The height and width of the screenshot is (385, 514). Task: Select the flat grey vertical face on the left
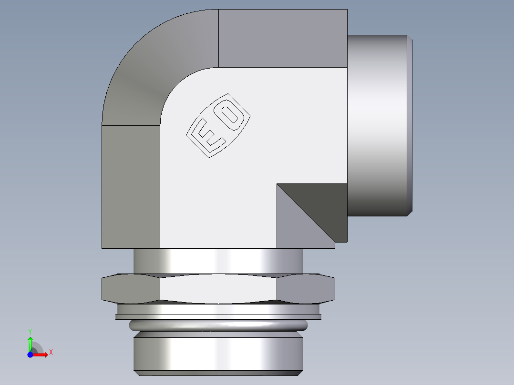click(x=130, y=186)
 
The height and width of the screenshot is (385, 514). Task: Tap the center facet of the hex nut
click(x=218, y=288)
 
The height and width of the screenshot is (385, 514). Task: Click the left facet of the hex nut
click(x=131, y=288)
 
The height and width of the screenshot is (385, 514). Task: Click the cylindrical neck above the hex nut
click(x=218, y=261)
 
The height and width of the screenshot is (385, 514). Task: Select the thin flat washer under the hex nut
click(x=218, y=316)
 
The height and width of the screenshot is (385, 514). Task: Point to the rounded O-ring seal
click(x=218, y=325)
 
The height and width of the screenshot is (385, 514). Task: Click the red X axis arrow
click(x=41, y=355)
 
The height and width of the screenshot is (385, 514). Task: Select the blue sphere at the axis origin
click(x=30, y=355)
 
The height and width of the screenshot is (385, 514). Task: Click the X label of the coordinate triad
click(x=51, y=353)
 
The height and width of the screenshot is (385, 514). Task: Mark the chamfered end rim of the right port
click(x=410, y=124)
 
